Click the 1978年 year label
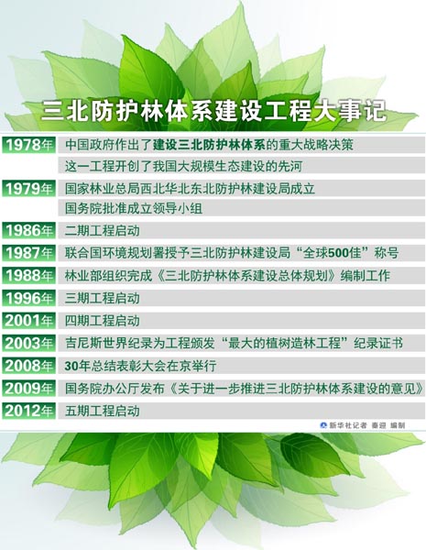29,145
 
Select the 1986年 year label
29,231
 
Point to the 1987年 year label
29,253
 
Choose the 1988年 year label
29,275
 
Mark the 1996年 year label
29,298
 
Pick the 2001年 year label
29,321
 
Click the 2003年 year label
29,344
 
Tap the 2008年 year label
29,366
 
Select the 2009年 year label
29,389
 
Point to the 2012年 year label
29,412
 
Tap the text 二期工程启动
103,231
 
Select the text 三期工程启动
103,298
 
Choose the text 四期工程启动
103,321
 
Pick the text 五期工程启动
103,412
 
